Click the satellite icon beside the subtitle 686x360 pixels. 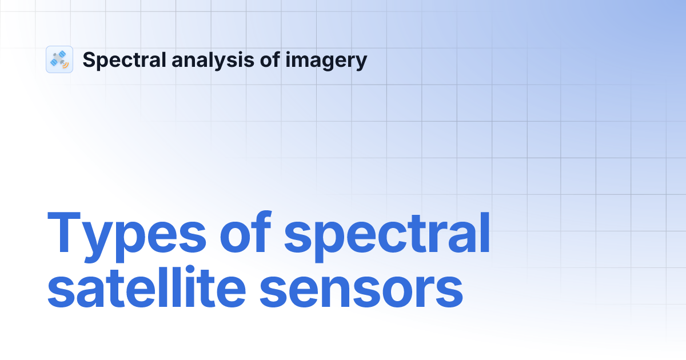click(x=59, y=59)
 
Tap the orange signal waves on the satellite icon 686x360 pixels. click(x=66, y=65)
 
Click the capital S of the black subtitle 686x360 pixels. click(x=89, y=60)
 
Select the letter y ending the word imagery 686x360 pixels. click(x=360, y=63)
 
